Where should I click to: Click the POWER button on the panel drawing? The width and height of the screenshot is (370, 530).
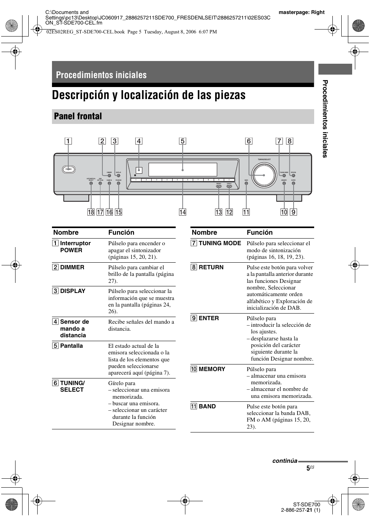(69, 169)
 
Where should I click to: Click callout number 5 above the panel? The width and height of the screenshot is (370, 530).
(182, 141)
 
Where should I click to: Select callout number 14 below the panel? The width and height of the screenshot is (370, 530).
(182, 212)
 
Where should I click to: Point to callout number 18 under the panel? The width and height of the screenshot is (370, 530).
(91, 212)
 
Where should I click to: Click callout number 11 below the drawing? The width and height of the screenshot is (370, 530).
(246, 212)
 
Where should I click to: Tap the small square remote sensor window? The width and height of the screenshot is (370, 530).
(139, 170)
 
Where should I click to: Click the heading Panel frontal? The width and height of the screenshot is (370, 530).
(78, 116)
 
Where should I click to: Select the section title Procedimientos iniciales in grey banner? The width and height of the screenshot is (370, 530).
(101, 75)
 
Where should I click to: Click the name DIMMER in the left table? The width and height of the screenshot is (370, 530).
(72, 267)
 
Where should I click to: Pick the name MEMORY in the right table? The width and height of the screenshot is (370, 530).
(212, 369)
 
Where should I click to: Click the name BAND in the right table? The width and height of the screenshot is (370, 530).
(207, 406)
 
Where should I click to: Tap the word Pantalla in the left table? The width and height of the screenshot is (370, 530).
(71, 346)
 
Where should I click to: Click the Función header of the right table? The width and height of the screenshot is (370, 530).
(259, 232)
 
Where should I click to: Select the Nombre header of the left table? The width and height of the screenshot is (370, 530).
(66, 232)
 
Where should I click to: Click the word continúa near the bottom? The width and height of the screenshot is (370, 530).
(284, 461)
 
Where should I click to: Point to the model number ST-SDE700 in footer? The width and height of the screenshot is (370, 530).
(307, 504)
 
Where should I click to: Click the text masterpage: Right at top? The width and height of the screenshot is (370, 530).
(301, 12)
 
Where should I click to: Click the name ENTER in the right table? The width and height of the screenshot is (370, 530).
(209, 318)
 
